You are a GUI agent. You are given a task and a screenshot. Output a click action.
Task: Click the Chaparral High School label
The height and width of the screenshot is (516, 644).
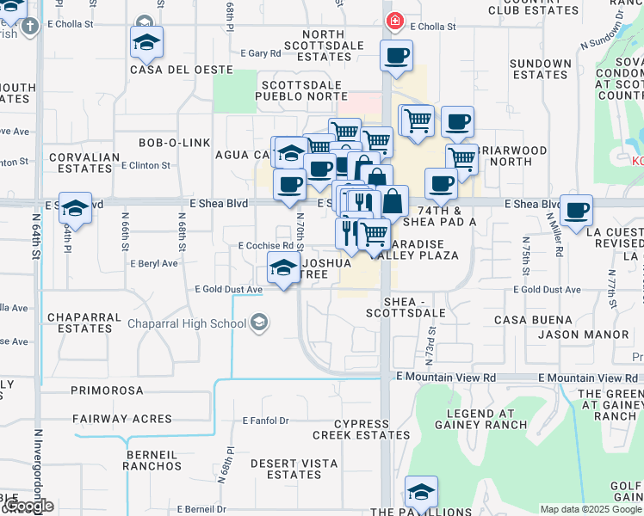tap(187, 324)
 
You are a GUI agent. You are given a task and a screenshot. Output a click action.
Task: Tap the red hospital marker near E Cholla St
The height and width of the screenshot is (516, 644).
tap(394, 21)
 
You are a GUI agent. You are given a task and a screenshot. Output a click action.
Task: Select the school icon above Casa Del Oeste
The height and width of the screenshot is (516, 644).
tap(146, 41)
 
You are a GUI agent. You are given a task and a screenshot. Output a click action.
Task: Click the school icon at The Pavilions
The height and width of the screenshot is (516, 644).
tap(421, 492)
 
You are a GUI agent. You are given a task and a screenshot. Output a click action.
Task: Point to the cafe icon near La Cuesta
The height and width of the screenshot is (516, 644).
tap(575, 209)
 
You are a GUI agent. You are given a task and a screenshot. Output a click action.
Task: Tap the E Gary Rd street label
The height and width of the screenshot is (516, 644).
tap(261, 53)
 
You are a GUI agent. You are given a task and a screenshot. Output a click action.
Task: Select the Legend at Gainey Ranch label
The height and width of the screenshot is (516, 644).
tap(487, 418)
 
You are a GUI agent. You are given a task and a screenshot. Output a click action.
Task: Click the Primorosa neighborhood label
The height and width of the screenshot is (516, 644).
tap(107, 390)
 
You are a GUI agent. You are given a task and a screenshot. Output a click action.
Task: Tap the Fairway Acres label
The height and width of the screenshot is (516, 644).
tap(112, 419)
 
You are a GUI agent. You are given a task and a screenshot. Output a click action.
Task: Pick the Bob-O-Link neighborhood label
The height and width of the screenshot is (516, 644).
tap(175, 142)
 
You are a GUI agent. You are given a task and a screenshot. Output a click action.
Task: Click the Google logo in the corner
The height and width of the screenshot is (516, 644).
tap(28, 507)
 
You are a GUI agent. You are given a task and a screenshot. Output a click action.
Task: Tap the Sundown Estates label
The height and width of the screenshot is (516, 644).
tap(541, 70)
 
